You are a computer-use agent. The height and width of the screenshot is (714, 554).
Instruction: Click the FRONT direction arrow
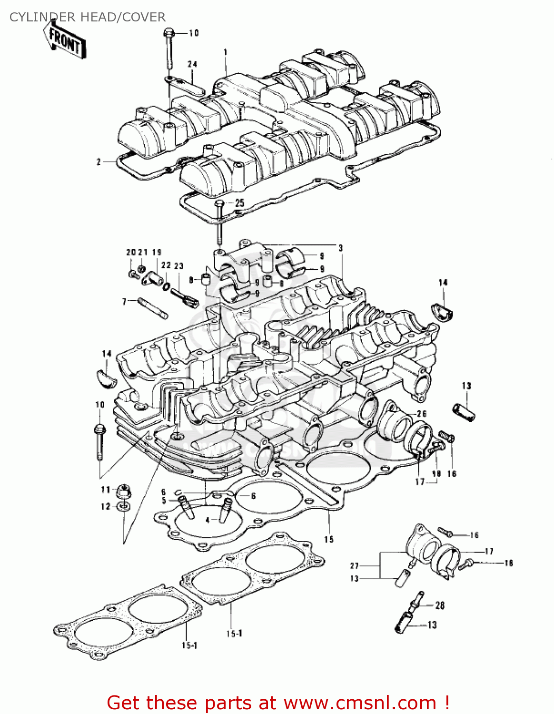point(64,41)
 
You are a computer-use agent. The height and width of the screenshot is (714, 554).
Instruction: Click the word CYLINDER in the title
point(42,17)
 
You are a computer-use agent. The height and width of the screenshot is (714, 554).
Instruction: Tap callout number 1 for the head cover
point(226,52)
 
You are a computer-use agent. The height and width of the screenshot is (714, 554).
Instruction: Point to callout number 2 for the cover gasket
point(99,162)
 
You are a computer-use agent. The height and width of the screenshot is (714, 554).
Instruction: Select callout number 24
point(192,64)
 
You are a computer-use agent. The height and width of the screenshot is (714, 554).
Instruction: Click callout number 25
point(239,203)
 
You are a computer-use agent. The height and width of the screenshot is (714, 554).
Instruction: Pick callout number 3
point(340,248)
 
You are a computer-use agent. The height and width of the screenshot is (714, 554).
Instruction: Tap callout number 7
point(124,301)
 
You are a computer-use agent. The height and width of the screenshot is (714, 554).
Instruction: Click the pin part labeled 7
point(153,307)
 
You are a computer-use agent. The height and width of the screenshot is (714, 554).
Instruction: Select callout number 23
point(179,266)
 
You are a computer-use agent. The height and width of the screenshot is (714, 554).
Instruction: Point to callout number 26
point(421,414)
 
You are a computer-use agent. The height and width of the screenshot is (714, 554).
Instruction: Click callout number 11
point(105,489)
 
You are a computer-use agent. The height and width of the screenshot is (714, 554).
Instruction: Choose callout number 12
point(105,506)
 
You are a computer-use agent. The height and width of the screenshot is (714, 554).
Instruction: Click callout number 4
point(208,520)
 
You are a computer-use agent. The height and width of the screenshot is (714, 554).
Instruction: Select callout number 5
point(164,501)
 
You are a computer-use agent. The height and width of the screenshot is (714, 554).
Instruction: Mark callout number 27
point(354,565)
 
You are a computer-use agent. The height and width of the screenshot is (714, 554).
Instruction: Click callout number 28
point(440,605)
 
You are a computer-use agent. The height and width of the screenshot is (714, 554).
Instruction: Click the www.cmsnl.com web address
point(360,703)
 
